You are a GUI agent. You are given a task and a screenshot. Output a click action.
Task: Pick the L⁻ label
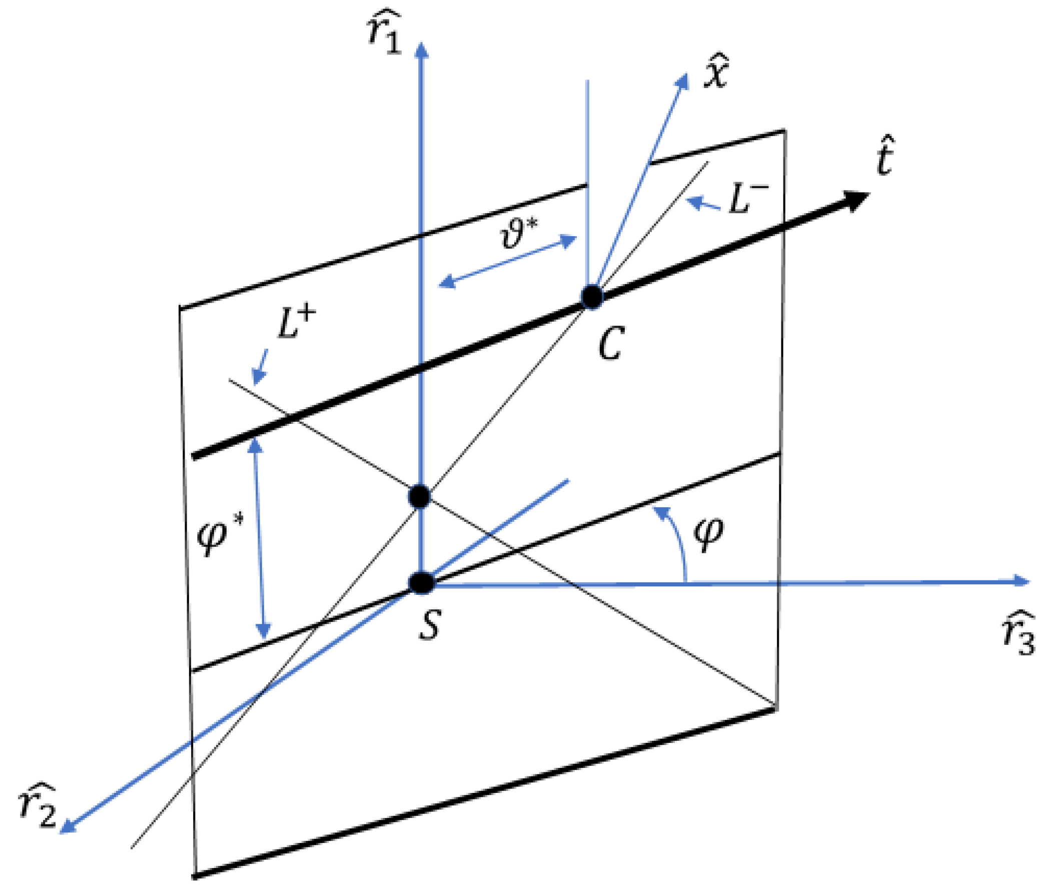[748, 198]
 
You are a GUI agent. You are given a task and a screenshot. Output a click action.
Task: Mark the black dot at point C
[591, 297]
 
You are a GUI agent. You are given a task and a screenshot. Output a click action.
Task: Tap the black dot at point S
[422, 583]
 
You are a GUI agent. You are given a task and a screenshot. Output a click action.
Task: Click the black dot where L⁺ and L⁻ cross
[420, 497]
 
